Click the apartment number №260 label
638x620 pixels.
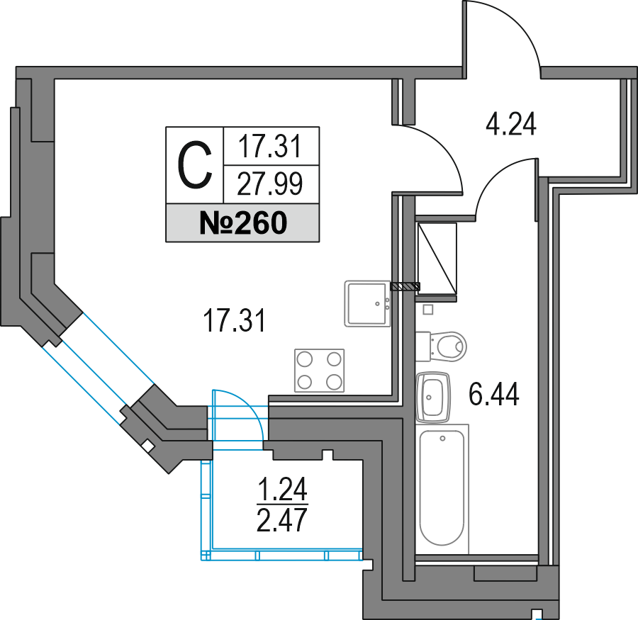pos(242,223)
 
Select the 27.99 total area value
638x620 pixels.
pos(270,184)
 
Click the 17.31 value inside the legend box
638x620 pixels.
pos(270,147)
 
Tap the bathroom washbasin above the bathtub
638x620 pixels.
pos(435,396)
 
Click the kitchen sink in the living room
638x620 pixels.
pos(367,303)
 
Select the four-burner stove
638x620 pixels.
pos(319,371)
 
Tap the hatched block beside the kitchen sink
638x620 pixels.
pos(405,286)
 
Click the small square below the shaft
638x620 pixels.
pos(427,310)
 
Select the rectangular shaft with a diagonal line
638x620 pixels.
pos(436,259)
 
